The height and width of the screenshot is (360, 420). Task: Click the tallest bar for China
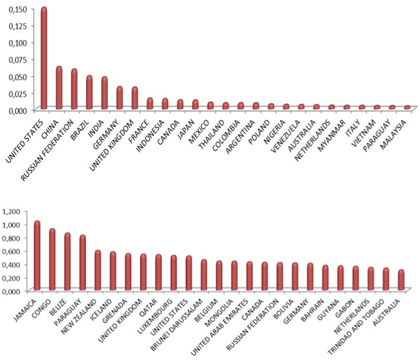[59, 87]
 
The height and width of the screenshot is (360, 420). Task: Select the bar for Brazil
[89, 92]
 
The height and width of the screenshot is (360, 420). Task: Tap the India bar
[104, 93]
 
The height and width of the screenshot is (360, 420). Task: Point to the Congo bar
[52, 259]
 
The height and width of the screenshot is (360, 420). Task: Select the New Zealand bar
[98, 270]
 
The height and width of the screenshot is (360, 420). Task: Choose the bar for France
[149, 103]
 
